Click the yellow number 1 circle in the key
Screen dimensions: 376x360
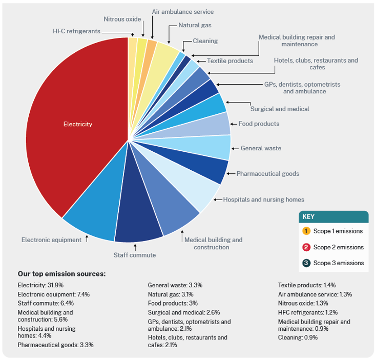[x=306, y=231]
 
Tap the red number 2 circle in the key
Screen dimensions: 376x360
[x=306, y=247]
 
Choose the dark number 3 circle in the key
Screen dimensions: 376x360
[x=306, y=263]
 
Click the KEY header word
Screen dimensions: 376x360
[x=308, y=217]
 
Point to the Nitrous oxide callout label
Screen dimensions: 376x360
[x=122, y=19]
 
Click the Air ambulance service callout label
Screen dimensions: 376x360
[x=183, y=12]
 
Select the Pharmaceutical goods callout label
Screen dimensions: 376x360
[x=267, y=173]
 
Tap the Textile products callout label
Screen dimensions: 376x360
[x=230, y=61]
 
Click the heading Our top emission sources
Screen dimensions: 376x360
[x=61, y=274]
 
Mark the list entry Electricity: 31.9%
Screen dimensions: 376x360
[x=40, y=285]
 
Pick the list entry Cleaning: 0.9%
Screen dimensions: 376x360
[x=298, y=337]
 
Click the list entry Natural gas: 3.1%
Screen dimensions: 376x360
[x=171, y=294]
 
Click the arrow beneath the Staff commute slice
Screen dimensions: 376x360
[x=135, y=248]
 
